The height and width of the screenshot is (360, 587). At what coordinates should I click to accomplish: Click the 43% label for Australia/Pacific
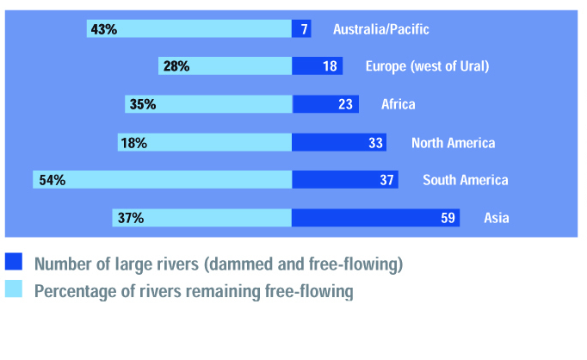(x=103, y=29)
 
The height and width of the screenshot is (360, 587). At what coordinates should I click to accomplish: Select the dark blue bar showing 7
(x=301, y=29)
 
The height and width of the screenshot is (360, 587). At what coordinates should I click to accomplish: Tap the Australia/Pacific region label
(x=380, y=29)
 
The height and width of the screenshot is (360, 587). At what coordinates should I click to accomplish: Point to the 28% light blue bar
(x=226, y=66)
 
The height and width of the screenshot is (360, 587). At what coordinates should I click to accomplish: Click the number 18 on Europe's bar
(x=330, y=66)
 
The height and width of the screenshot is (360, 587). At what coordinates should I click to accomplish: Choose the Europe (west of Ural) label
(x=427, y=66)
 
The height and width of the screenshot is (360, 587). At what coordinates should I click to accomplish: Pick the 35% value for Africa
(x=142, y=104)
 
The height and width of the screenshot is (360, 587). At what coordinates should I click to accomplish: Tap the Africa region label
(x=399, y=104)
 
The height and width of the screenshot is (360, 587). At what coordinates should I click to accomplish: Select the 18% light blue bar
(x=205, y=142)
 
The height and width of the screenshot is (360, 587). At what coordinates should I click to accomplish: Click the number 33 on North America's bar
(x=375, y=142)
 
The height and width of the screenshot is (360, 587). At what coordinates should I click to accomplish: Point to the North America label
(x=453, y=142)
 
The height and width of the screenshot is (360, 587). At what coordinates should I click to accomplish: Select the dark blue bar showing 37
(x=344, y=180)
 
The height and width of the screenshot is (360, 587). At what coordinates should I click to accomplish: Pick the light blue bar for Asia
(x=202, y=218)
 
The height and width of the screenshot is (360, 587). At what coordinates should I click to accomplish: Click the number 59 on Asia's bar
(x=448, y=218)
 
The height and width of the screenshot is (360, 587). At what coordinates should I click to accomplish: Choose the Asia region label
(x=497, y=218)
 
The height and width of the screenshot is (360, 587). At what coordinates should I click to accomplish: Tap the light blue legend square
(x=14, y=291)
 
